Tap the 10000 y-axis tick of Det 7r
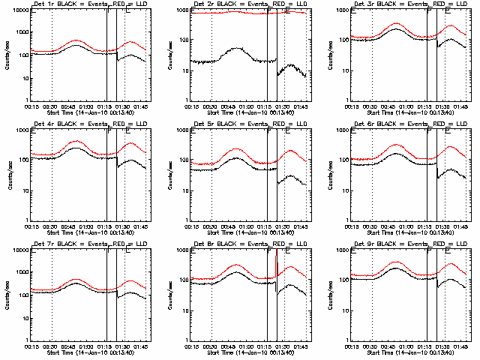17,250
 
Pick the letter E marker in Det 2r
286,11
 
